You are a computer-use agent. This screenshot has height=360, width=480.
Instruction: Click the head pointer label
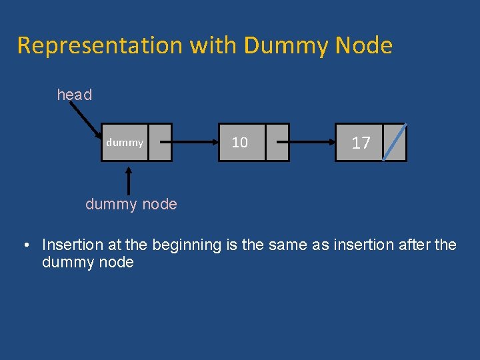[x=74, y=95]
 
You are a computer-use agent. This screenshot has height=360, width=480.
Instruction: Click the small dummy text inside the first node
[x=125, y=143]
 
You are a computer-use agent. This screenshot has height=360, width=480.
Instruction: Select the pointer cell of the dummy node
[x=160, y=143]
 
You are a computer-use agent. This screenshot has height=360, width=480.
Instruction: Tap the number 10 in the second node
[x=239, y=143]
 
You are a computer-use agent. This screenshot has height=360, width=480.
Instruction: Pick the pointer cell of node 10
[x=277, y=143]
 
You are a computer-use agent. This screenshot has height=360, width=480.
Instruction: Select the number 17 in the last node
[x=361, y=143]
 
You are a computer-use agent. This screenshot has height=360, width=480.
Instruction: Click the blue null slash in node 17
[x=394, y=142]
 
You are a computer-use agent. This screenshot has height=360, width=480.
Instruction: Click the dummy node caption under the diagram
[x=131, y=204]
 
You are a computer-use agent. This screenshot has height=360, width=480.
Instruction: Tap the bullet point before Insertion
[x=25, y=245]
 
